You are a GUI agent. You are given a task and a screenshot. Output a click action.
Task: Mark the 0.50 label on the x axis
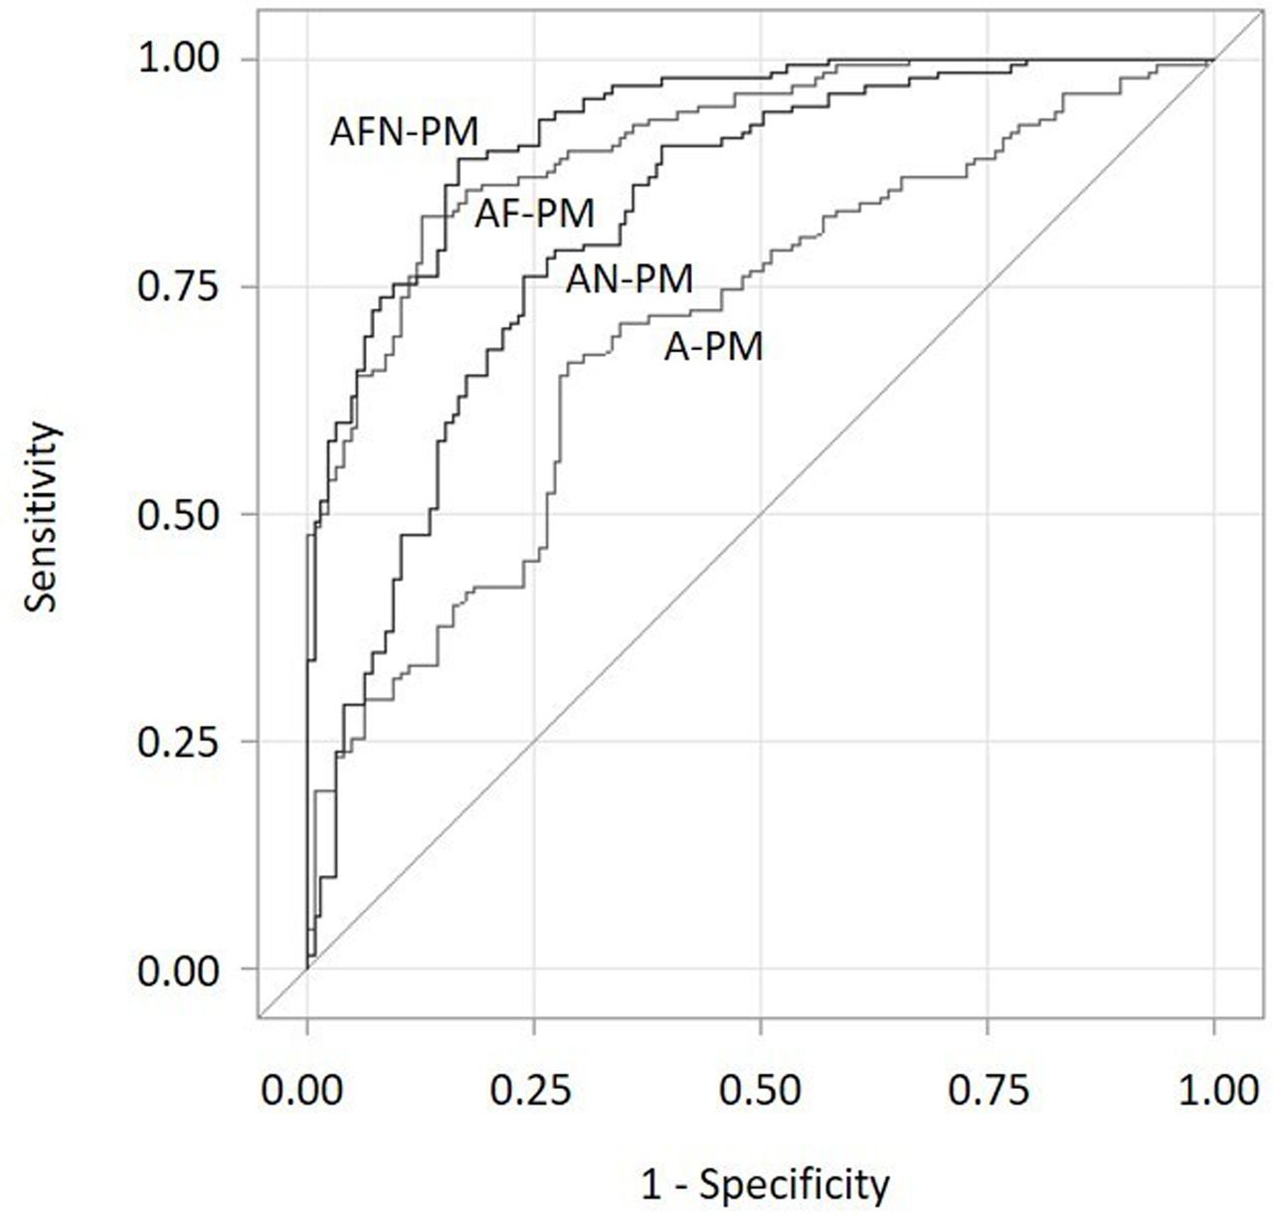point(761,1090)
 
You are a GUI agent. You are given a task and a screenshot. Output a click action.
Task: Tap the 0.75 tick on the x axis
point(988,1090)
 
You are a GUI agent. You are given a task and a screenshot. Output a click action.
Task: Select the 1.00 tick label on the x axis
point(1213,1090)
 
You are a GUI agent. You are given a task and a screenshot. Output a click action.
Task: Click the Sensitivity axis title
point(43,515)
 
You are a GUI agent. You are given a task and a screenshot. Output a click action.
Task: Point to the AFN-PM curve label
point(404,131)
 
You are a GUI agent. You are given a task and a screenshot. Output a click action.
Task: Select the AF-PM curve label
point(534,213)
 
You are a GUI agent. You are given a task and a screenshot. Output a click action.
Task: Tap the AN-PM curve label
point(629,279)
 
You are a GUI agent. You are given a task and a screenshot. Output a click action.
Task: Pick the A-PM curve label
point(713,347)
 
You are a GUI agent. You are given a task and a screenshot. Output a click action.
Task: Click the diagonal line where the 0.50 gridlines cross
point(761,514)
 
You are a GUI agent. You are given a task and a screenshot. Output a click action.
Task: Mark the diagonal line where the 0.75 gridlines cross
point(988,286)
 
